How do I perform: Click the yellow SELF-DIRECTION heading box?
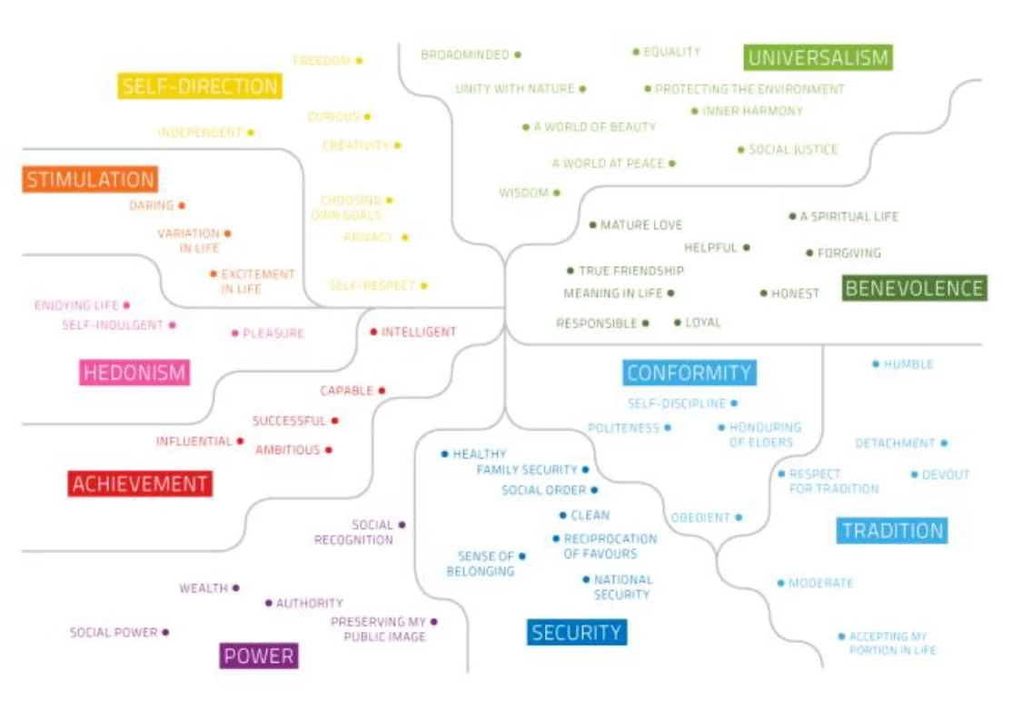(200, 86)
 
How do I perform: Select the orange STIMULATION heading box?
(90, 179)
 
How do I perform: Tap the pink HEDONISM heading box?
(134, 372)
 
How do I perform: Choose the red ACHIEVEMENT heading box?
(140, 484)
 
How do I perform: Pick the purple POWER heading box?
(259, 656)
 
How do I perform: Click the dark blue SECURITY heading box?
(577, 632)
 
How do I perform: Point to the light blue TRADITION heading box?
(892, 531)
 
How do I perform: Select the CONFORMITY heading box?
(690, 372)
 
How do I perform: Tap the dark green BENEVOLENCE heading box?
(914, 289)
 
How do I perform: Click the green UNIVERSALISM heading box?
(818, 58)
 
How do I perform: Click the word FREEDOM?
(322, 61)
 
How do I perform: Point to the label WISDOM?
(523, 193)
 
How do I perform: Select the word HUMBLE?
(908, 364)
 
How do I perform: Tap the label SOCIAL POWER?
(114, 632)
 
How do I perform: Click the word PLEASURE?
(273, 333)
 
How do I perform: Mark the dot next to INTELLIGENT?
(373, 331)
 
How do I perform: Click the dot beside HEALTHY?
(444, 453)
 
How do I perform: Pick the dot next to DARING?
(182, 206)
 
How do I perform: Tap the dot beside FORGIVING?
(809, 253)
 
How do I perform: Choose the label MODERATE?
(820, 583)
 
